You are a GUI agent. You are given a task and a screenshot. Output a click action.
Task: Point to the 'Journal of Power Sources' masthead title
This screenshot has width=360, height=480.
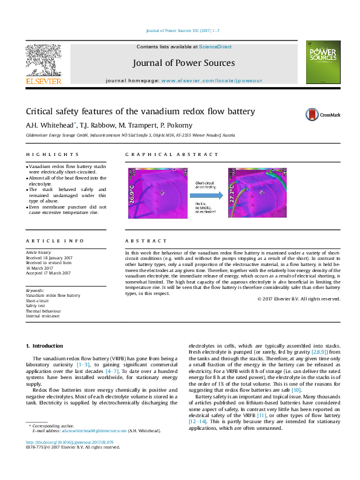coord(182,62)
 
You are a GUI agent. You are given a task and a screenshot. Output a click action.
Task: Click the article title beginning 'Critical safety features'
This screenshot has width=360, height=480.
coord(132,112)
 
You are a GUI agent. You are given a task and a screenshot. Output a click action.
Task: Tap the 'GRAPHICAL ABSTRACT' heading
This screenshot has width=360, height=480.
coord(154,155)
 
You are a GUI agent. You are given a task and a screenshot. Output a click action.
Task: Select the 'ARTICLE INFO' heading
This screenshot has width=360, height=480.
coord(47,241)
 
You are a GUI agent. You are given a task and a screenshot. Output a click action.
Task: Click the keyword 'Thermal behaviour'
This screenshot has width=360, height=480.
coord(45,311)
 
